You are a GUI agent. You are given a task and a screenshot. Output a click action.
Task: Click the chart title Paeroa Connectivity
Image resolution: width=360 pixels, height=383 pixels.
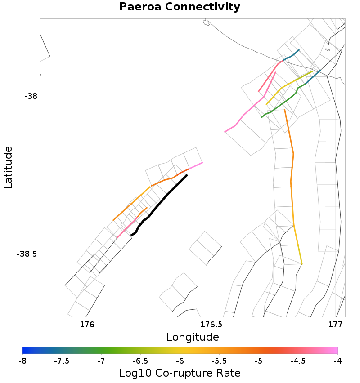180,7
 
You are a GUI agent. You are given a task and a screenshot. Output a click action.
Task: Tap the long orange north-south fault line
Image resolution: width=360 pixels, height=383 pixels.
292,180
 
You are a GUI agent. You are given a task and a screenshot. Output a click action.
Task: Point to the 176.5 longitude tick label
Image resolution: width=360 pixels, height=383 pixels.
211,324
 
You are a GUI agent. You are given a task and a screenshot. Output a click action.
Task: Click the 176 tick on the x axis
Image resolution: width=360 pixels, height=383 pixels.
86,324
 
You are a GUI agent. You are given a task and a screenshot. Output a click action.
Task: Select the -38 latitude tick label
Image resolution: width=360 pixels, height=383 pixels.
30,96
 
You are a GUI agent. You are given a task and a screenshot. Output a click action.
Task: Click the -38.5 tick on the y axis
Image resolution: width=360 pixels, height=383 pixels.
27,254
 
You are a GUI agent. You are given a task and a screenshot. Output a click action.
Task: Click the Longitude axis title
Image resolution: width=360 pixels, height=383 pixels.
193,337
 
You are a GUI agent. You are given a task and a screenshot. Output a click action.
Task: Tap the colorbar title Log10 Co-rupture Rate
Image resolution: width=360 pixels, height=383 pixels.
180,373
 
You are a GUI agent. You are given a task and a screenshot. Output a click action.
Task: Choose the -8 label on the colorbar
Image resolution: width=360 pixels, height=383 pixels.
22,361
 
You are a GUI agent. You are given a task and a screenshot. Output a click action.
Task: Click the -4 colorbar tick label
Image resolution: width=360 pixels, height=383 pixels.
337,361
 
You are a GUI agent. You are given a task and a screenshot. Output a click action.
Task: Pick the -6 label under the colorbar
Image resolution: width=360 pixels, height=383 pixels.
180,361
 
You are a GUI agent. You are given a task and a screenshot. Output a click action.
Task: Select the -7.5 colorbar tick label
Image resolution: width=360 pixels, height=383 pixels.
61,361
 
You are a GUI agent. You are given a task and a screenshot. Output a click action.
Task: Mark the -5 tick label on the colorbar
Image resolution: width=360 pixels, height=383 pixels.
258,361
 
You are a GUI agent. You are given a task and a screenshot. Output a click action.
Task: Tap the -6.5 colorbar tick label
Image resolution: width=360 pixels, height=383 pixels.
140,361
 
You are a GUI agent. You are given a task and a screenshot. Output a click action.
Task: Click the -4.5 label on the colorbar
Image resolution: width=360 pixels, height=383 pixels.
297,361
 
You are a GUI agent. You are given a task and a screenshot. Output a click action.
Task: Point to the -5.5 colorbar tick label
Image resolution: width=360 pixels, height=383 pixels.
219,361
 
